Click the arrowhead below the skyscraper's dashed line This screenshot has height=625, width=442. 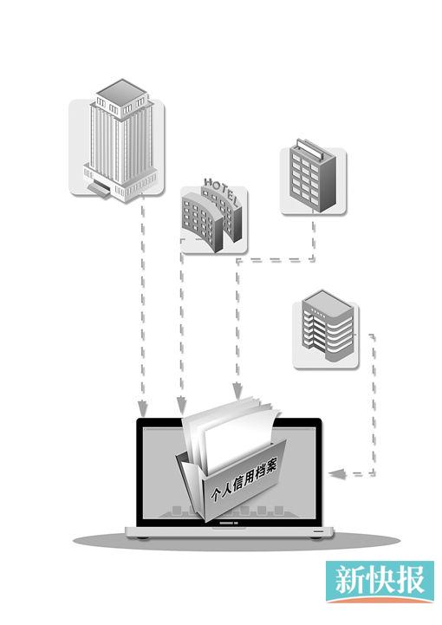click(x=142, y=407)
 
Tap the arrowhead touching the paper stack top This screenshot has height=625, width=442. click(x=237, y=390)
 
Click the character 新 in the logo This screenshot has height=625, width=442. click(x=349, y=581)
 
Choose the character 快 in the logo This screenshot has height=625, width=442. click(x=380, y=581)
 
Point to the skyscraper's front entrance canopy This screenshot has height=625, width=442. click(x=99, y=188)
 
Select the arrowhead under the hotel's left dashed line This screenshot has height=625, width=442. click(x=181, y=405)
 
